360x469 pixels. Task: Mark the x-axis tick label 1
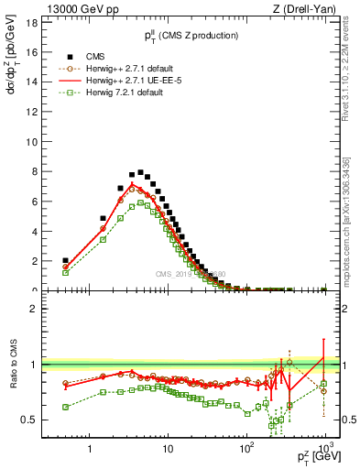[x=89, y=449]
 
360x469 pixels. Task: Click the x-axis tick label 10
[x=168, y=449]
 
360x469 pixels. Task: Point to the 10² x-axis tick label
[x=245, y=449]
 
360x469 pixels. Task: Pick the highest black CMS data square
[x=140, y=172]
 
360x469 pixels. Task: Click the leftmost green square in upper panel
[x=65, y=272]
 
